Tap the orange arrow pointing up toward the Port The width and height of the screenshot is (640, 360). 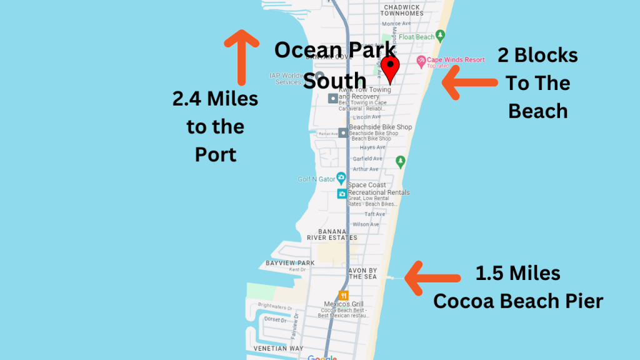click(241, 56)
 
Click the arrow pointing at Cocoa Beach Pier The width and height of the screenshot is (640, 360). click(431, 277)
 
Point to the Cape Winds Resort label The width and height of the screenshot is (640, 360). click(455, 60)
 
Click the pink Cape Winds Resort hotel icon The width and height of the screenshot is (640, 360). click(421, 61)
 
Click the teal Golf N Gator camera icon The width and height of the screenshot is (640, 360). click(341, 177)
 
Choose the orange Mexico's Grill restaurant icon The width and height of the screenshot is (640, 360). click(343, 295)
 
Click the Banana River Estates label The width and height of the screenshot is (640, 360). click(332, 234)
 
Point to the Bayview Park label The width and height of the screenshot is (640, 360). click(290, 263)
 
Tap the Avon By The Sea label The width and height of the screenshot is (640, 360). click(362, 273)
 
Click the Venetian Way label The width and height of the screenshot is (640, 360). click(278, 348)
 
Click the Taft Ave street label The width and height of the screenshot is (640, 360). click(374, 214)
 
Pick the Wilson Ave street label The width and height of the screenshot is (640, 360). click(366, 224)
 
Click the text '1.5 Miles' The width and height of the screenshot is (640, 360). click(517, 273)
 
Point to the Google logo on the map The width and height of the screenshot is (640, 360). click(322, 357)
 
